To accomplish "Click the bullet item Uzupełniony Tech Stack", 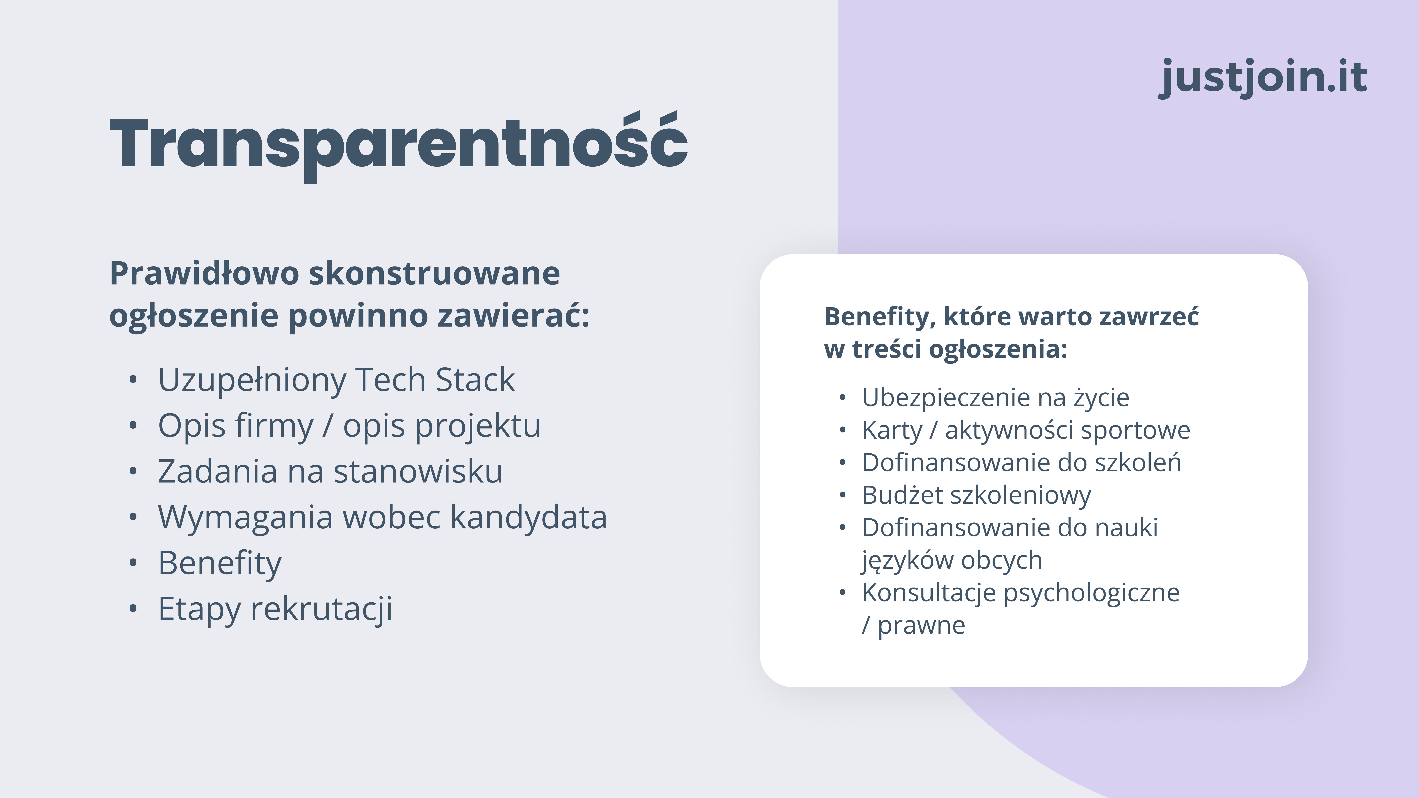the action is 336,380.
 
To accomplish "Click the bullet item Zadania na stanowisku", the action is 330,471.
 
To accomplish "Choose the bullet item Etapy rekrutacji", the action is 275,609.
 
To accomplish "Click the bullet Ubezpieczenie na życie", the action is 995,398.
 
